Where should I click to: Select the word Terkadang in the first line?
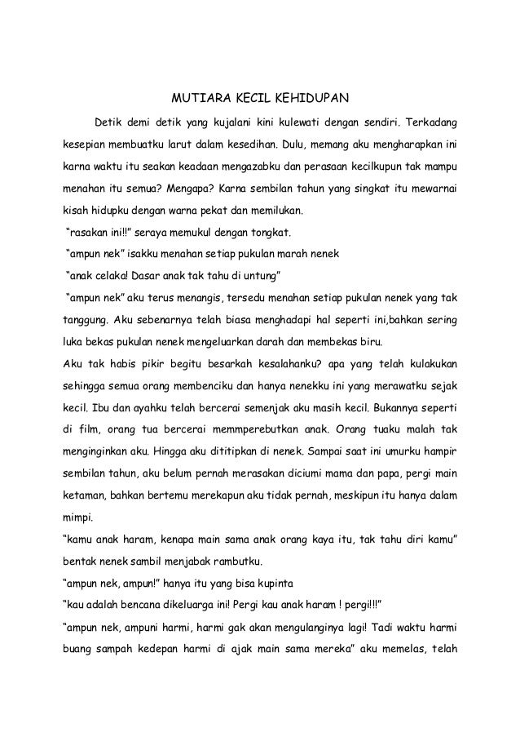(x=428, y=124)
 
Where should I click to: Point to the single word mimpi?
(x=78, y=517)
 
